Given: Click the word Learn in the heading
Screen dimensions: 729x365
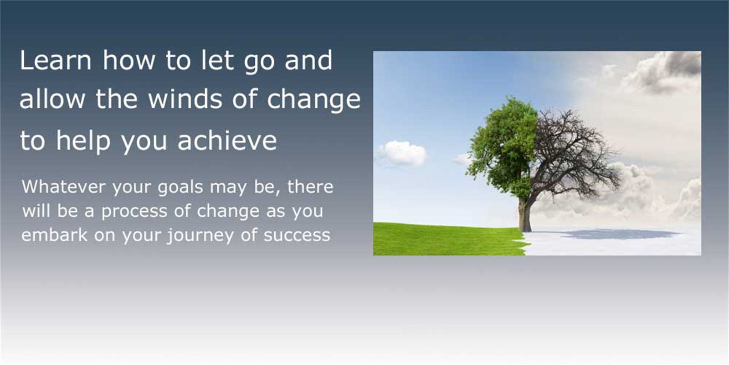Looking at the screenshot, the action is pos(56,60).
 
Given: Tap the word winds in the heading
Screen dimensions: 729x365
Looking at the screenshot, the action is pos(185,99).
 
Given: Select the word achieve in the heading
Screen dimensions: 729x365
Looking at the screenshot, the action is pos(227,140).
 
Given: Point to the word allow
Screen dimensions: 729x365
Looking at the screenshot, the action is pos(52,99).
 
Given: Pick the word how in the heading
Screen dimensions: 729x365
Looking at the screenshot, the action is pos(129,60).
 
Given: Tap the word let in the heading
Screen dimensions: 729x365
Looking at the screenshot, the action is pos(217,60).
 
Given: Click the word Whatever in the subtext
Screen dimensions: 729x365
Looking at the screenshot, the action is pos(64,187).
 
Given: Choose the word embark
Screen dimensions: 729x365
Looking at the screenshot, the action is pos(54,235).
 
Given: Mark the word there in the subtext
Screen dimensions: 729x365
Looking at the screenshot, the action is pos(310,187).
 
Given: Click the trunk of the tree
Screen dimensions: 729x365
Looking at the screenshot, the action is pos(524,214).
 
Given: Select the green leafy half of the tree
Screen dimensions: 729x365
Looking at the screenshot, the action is pos(503,146).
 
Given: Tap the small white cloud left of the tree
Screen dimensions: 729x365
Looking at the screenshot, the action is pos(402,153).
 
